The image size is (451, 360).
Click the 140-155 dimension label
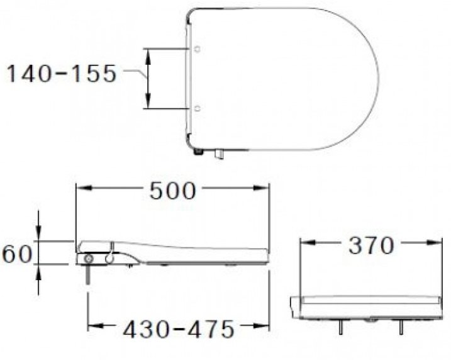tap(61, 74)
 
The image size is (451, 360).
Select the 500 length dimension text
tap(172, 190)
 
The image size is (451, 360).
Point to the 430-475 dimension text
tap(178, 328)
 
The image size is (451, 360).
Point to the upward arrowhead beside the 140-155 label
tap(149, 53)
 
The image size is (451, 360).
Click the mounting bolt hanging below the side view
tap(89, 276)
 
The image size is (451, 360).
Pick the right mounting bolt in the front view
tap(400, 326)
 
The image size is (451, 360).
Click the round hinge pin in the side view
tap(89, 260)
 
